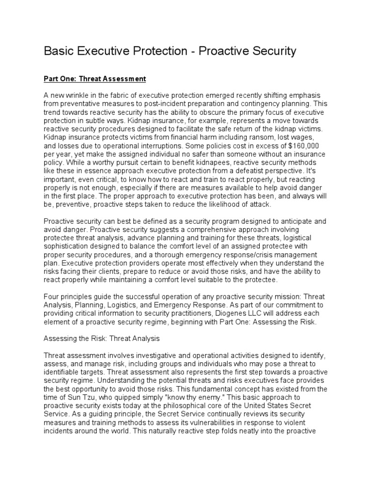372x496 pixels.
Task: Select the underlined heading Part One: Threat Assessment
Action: [94, 78]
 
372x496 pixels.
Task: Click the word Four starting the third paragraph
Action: [51, 296]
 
